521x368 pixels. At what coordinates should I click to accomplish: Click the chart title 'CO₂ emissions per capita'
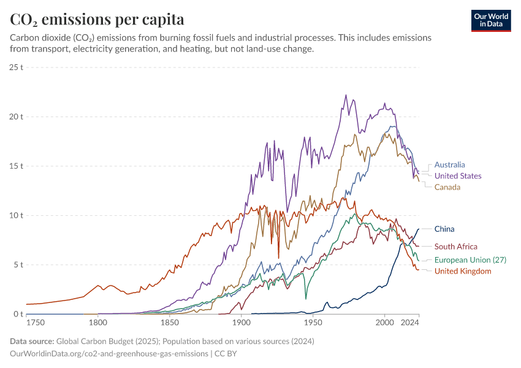[97, 19]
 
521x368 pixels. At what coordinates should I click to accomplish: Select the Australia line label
[449, 164]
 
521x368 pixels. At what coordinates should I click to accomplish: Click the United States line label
[457, 175]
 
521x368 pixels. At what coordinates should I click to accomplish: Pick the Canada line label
[447, 187]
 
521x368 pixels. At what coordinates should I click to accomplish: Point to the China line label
[444, 229]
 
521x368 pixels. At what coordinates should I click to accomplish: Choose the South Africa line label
[455, 247]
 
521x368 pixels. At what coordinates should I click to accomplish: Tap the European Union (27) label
[470, 260]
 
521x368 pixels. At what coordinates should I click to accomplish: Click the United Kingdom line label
[463, 271]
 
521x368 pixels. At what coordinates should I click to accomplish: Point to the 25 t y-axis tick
[17, 67]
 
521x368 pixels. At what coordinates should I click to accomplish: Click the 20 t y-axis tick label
[17, 117]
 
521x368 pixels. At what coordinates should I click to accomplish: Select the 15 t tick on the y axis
[17, 166]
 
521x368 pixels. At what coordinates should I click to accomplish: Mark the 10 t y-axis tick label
[17, 215]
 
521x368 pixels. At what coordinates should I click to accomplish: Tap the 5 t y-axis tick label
[18, 265]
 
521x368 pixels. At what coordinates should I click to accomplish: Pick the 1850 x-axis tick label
[169, 323]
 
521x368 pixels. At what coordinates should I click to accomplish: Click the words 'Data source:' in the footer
[32, 341]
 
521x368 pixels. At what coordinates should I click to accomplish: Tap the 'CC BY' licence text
[226, 354]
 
